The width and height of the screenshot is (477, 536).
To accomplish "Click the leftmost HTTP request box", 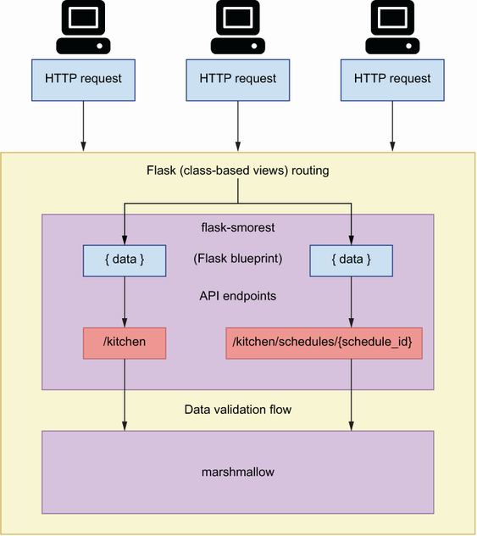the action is pos(83,80).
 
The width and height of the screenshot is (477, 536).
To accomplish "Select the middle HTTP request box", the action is pos(237,80).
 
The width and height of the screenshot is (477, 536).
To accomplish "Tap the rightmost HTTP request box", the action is pos(392,80).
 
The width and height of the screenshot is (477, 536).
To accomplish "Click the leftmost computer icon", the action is pos(83,27).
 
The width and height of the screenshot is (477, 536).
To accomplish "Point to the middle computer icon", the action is pos(237,27).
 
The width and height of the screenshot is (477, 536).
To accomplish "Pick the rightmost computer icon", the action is pos(392,27).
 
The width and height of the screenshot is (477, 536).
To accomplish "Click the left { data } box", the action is pos(125,260).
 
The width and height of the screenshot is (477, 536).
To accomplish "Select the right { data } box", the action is pos(351,260).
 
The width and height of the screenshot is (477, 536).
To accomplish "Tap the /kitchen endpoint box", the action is pos(125,343).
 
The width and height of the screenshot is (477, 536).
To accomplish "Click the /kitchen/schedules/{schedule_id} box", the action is pos(324,343).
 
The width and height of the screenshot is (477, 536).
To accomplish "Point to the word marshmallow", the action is pos(238,472).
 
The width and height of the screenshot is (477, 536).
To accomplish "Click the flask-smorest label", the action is pos(238,227).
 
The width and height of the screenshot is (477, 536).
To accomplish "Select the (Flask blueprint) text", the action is pos(238,259).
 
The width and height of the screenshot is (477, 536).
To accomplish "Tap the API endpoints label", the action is pos(238,296).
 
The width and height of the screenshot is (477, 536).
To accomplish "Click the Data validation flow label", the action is pos(238,409).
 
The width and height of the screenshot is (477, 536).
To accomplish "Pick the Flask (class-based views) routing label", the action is pos(238,170).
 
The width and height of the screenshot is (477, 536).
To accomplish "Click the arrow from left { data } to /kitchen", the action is pos(125,302).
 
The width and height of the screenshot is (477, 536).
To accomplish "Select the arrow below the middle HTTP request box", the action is pos(238,126).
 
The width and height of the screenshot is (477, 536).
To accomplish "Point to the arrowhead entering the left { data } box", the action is pos(125,240).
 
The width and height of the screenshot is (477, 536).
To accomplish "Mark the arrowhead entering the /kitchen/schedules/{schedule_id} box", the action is pos(351,322).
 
